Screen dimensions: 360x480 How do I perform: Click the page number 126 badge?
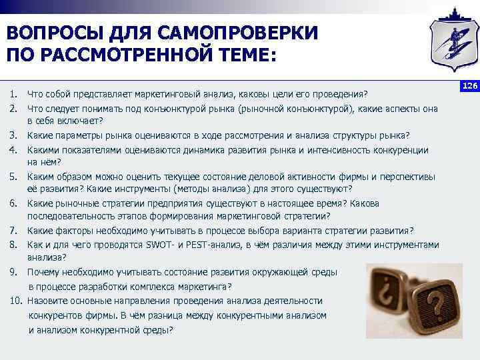(x=471, y=87)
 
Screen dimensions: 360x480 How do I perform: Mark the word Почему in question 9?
(x=44, y=272)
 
